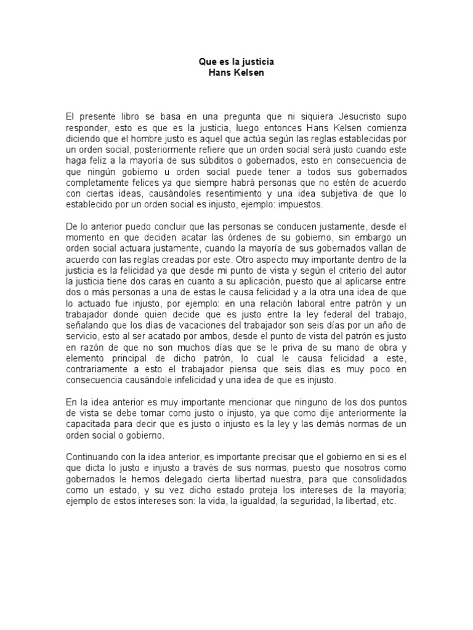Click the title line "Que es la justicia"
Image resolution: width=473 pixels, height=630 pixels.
click(x=236, y=62)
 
